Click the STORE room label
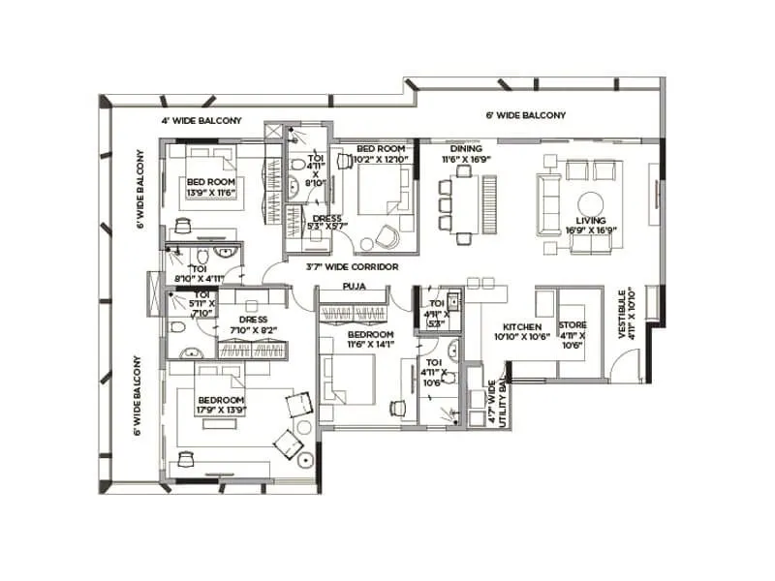(573, 326)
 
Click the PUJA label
(354, 287)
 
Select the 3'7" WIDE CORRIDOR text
(352, 266)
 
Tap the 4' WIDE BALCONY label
(201, 121)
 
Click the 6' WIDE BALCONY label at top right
(525, 115)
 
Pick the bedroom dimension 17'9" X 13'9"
(221, 411)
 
